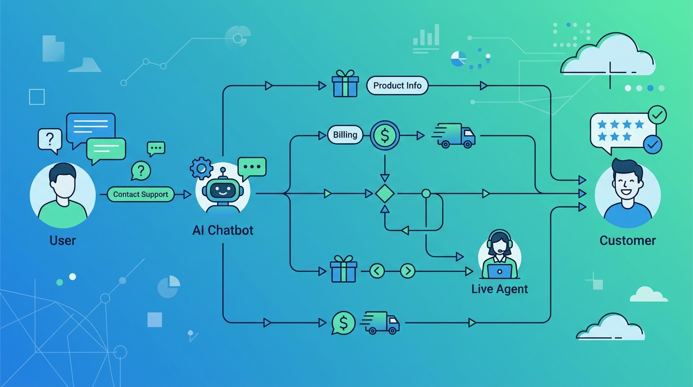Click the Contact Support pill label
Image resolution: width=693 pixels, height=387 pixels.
141,195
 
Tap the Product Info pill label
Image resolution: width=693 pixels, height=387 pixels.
397,86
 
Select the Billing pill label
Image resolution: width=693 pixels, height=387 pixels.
345,135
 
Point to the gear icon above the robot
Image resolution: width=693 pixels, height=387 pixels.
201,168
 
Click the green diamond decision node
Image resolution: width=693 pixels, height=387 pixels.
385,193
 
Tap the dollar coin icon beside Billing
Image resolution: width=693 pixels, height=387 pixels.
385,135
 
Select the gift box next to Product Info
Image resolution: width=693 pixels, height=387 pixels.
345,84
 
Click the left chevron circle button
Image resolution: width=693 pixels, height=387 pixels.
377,271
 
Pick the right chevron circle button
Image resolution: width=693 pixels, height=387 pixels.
408,271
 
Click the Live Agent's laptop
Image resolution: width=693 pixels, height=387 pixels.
499,272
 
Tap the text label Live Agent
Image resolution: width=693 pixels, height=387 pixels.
499,289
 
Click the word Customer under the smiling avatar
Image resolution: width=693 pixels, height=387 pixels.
628,240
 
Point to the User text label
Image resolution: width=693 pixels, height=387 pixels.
62,240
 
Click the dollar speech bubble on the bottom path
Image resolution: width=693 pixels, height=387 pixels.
343,323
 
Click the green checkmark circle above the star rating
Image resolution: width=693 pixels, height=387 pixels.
657,115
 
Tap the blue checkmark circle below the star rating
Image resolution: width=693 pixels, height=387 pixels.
653,145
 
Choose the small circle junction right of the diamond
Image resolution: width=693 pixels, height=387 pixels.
426,193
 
